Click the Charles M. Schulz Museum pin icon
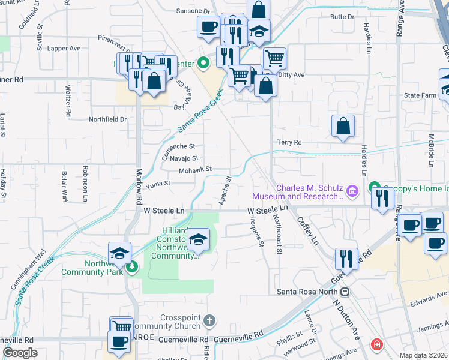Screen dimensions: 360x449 tap(352, 191)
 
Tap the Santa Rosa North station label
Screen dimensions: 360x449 tap(307, 292)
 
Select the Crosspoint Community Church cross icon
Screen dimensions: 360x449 tap(209, 321)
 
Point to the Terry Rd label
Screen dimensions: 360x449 tap(289, 142)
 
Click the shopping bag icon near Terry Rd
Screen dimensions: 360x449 tap(343, 127)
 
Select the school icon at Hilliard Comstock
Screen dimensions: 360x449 tap(198, 241)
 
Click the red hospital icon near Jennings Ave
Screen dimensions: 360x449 tap(376, 345)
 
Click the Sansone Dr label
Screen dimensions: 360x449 tap(194, 11)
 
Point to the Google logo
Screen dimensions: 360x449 tap(20, 352)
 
